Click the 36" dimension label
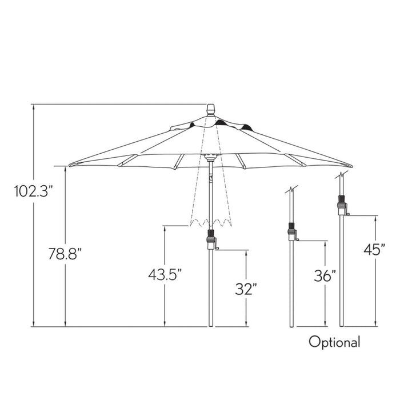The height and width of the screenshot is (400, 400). click(x=325, y=276)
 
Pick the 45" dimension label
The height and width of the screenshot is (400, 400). click(x=374, y=250)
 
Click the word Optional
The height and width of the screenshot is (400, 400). click(x=335, y=342)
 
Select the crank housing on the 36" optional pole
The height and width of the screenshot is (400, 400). click(x=292, y=232)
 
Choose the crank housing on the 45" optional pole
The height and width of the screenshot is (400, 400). click(x=342, y=205)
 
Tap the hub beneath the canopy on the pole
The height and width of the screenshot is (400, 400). click(x=210, y=156)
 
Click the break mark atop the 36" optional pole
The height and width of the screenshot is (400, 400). click(x=291, y=190)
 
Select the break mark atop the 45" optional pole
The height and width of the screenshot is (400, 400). click(x=341, y=174)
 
